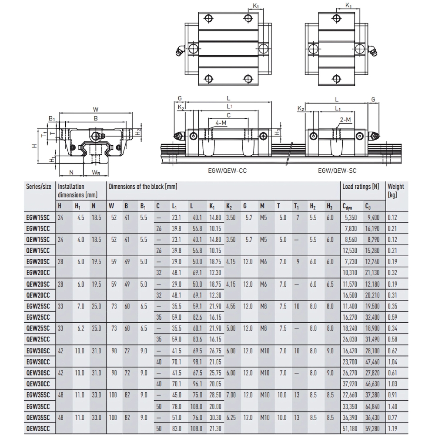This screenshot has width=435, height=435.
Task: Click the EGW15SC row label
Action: pos(38,217)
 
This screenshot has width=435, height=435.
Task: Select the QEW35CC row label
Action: pos(38,428)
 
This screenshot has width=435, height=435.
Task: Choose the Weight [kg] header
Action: pos(395,190)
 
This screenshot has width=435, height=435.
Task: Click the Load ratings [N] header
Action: pos(360,187)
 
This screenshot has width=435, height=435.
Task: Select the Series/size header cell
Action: pos(39,187)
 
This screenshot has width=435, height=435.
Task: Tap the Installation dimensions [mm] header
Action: pos(77,191)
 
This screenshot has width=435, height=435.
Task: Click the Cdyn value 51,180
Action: pos(349,428)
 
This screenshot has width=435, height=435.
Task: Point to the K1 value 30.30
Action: pos(215,417)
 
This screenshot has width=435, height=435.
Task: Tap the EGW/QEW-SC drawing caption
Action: pos(337,171)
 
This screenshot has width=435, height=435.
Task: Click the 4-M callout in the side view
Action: pos(221,123)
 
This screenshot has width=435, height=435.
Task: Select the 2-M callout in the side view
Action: pos(346,119)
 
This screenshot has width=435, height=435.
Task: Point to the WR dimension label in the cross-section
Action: pos(97,172)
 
